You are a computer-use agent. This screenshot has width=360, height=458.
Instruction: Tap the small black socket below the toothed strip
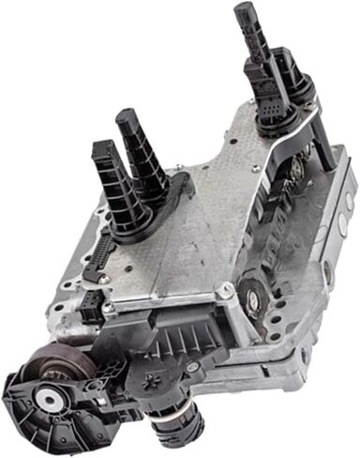click(x=90, y=302)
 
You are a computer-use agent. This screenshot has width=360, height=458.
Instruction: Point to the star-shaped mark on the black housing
click(x=151, y=378)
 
